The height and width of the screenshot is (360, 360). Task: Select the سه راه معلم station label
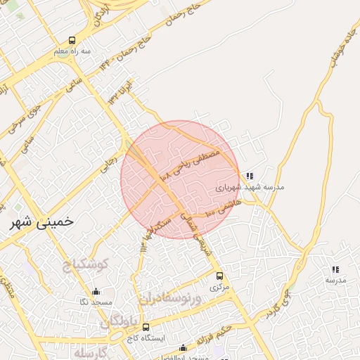pos(75,51)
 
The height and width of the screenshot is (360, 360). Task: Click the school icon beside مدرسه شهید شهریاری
pos(250,176)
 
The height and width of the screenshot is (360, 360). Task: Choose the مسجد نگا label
pos(93,302)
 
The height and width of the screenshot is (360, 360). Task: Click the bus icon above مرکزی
pos(219,276)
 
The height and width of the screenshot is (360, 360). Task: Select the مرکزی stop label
pos(219,287)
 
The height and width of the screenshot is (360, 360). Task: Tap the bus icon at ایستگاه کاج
pos(146,327)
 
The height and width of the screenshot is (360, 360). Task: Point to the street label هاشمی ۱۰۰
pos(223,207)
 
